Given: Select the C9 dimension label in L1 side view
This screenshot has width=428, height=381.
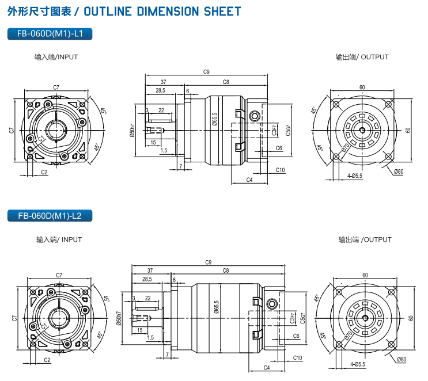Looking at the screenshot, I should tap(206, 72).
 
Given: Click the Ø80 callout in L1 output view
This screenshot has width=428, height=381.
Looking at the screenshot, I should tap(399, 172).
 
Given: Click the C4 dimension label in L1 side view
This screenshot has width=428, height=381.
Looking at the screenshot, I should tap(249, 180).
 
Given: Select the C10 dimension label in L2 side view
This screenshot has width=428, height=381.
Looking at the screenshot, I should tap(297, 358).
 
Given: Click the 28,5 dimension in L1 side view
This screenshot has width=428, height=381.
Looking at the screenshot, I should tap(160, 91).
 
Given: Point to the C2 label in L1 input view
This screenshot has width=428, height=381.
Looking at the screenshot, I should tap(44, 172).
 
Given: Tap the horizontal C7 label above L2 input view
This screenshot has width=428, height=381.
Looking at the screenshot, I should tap(59, 275).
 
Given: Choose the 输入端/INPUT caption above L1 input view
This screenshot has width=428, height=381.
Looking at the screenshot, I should tap(56, 57).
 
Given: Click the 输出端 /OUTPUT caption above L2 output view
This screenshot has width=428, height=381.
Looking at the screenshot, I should tap(365, 239).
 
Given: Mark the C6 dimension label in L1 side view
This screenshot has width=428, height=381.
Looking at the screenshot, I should tap(279, 148).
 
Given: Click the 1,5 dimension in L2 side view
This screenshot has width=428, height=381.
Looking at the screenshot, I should tap(150, 338).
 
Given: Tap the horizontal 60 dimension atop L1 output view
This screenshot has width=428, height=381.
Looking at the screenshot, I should tap(362, 87).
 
